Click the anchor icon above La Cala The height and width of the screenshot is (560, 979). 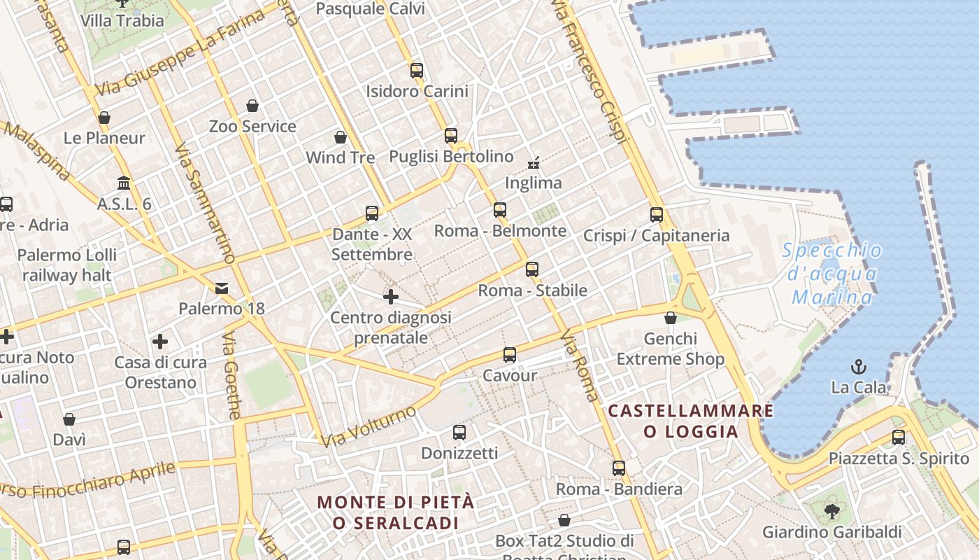(858, 366)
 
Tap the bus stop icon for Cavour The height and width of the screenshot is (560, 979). (510, 355)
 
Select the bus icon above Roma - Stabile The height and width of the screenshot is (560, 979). (532, 269)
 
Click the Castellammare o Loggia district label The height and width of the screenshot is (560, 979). (691, 421)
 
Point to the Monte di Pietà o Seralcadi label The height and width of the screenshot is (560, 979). (396, 512)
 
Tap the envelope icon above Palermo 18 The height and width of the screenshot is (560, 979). (222, 288)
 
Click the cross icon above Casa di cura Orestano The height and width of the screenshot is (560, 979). (160, 342)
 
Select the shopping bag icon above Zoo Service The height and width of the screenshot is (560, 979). (252, 106)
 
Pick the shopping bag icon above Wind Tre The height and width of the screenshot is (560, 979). (341, 136)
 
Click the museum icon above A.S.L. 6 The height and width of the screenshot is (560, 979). (124, 183)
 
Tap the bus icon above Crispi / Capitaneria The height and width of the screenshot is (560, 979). (656, 215)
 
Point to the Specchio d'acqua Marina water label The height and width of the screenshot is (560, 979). (832, 274)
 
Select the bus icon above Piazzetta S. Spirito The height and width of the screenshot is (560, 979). (899, 437)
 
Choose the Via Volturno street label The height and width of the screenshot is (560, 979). (369, 426)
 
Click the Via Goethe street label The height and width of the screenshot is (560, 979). (231, 376)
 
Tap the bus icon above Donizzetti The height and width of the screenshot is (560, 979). (459, 433)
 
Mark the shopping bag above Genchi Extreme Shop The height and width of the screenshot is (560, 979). (671, 318)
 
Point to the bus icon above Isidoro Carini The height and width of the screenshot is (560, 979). (417, 70)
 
